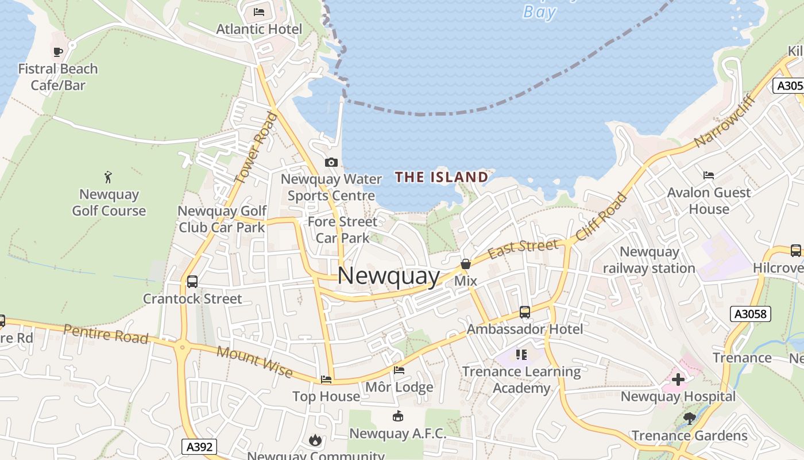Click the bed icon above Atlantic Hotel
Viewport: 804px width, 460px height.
(259, 11)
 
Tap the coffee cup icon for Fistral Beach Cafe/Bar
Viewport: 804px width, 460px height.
(58, 52)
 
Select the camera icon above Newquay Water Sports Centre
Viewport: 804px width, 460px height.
(331, 163)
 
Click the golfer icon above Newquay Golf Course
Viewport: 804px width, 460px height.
(108, 177)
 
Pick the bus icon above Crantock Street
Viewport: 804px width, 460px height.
(192, 282)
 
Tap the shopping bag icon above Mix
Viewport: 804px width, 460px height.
(466, 264)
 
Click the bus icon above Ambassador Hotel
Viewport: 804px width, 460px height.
(524, 312)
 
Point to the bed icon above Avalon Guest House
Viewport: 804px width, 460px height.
(709, 175)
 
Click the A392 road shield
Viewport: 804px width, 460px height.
(200, 446)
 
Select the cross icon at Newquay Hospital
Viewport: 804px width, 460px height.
(678, 379)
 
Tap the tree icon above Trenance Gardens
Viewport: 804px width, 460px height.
(690, 418)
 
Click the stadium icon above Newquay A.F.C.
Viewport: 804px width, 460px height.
(397, 416)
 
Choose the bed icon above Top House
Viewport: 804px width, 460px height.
(326, 379)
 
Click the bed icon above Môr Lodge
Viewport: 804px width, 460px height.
(399, 370)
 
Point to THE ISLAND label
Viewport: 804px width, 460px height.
(441, 177)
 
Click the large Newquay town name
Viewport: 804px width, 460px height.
(388, 276)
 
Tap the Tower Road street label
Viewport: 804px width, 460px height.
(256, 148)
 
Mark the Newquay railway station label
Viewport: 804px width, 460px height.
(649, 260)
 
